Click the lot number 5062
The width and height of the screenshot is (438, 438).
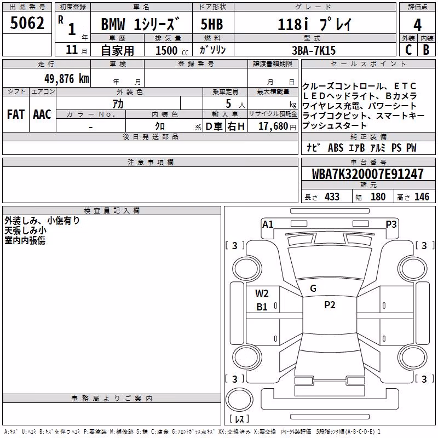(x=27, y=23)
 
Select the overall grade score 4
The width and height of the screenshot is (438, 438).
(x=417, y=25)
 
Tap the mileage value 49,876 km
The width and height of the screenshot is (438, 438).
(x=66, y=79)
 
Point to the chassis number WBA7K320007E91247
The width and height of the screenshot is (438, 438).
(x=367, y=174)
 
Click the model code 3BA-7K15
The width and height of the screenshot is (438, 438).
(x=313, y=50)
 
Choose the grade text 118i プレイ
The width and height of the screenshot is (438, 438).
(x=314, y=25)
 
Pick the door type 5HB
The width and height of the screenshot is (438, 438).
(x=212, y=24)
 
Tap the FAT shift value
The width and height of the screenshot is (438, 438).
(x=16, y=114)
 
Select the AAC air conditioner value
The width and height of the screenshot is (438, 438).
(x=42, y=114)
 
